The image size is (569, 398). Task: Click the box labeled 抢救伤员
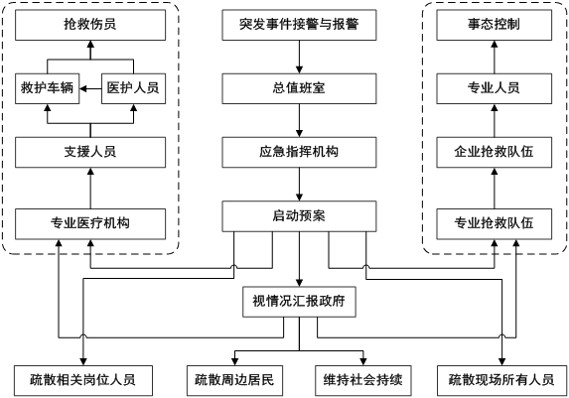(90, 25)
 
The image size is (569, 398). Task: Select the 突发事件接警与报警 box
(299, 25)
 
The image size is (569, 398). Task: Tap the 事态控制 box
(494, 25)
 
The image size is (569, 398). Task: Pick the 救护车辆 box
(48, 88)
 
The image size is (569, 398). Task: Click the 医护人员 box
(133, 88)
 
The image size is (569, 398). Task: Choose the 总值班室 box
(299, 88)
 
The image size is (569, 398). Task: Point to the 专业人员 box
(494, 88)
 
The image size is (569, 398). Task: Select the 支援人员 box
(90, 153)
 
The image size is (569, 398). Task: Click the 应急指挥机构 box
(299, 153)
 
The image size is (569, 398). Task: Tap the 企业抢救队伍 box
(494, 153)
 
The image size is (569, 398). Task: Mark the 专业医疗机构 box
(90, 224)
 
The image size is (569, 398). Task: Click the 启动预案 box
(299, 216)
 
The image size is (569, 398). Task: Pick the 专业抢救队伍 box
(494, 224)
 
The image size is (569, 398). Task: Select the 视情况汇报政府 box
(299, 302)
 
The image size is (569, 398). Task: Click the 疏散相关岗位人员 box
(83, 380)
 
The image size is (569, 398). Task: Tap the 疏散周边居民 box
(234, 380)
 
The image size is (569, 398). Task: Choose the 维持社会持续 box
(362, 380)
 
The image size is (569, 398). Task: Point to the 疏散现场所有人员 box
(501, 380)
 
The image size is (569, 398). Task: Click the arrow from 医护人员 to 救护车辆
(90, 88)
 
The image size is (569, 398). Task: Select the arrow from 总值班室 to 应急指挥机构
(299, 120)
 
